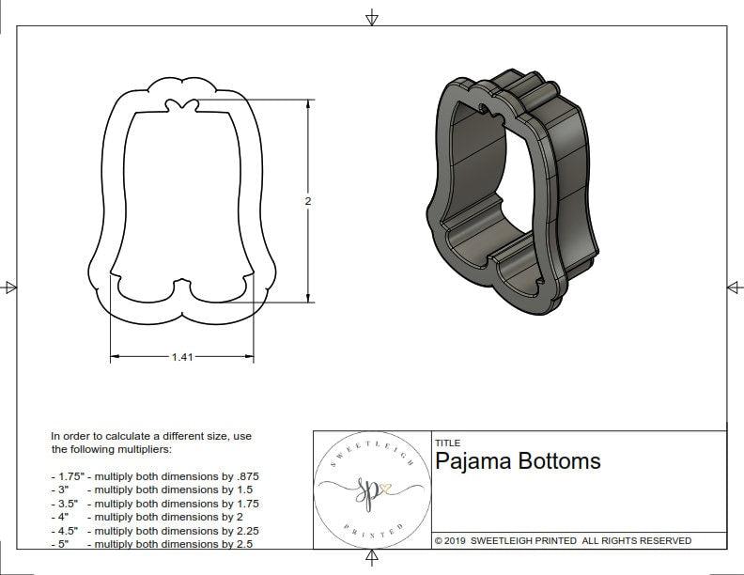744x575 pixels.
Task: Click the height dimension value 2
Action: (308, 201)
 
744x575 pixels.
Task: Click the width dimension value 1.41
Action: (182, 357)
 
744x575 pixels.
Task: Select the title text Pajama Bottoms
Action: (518, 461)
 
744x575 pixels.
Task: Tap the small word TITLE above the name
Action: (447, 443)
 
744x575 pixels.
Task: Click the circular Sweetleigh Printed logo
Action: (371, 490)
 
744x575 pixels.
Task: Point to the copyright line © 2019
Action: (563, 540)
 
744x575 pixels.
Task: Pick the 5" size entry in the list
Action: (63, 543)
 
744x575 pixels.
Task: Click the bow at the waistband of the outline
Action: (178, 106)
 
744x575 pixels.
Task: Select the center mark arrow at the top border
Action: (372, 17)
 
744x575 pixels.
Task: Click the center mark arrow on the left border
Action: (10, 287)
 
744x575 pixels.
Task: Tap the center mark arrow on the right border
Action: (734, 287)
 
